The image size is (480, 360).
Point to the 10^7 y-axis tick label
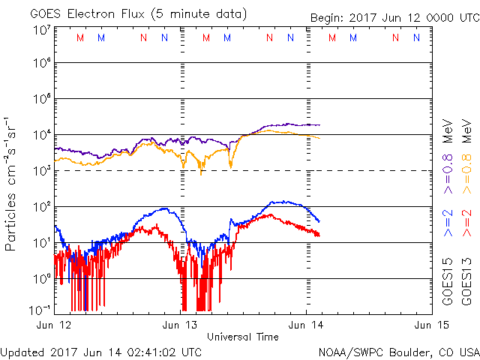pyautogui.click(x=41, y=30)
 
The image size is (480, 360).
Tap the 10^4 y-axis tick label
pyautogui.click(x=41, y=134)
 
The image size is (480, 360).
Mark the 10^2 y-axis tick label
pyautogui.click(x=41, y=206)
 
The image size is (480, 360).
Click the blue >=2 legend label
pyautogui.click(x=448, y=223)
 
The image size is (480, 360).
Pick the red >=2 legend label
pyautogui.click(x=466, y=223)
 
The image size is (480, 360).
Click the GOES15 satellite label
pyautogui.click(x=448, y=282)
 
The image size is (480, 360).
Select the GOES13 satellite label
pyautogui.click(x=466, y=282)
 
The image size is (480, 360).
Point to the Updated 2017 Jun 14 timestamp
pyautogui.click(x=101, y=351)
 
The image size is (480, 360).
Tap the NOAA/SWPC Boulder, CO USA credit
pyautogui.click(x=398, y=351)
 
